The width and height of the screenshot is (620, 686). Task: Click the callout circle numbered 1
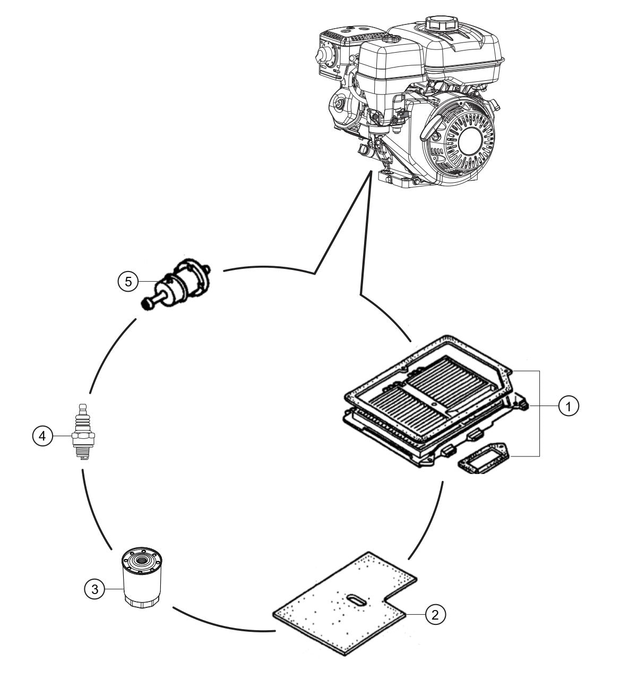coord(569,407)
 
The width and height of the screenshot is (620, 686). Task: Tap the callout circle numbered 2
coord(434,615)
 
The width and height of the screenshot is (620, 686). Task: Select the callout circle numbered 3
coord(94,588)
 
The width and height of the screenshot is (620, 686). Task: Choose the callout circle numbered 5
coord(128,281)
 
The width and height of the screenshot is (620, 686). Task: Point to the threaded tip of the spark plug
coord(82,453)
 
